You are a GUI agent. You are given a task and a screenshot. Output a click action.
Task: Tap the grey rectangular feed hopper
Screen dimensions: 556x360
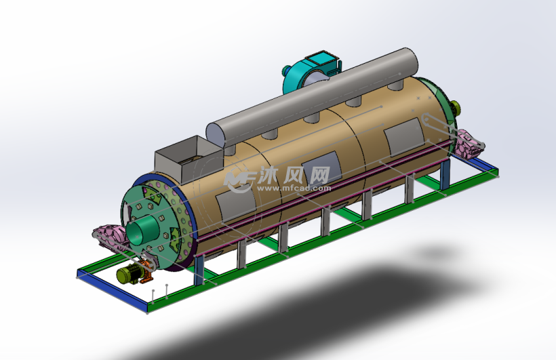(188, 159)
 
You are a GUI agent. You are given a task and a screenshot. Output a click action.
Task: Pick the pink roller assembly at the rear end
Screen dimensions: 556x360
(469, 144)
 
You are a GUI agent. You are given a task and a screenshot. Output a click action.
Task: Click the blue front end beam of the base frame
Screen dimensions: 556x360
(112, 288)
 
